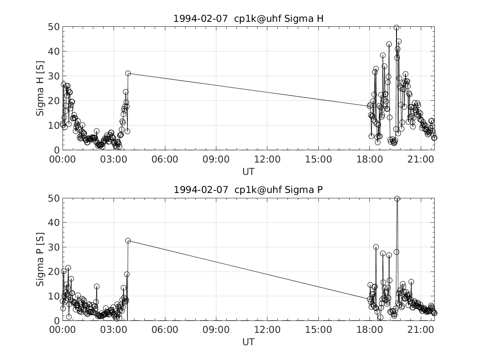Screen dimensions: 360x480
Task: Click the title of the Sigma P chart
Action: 248,190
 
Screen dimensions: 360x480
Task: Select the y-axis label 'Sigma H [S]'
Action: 40,88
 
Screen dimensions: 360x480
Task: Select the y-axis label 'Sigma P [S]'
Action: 40,259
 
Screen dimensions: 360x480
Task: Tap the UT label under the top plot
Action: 248,171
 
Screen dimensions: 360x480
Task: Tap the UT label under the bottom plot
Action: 248,342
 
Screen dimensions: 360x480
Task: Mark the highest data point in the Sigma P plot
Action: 397,199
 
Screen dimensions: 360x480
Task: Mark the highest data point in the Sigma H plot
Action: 397,28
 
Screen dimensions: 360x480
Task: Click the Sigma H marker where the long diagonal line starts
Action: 128,73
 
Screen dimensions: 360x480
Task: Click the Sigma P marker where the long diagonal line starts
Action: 128,241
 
